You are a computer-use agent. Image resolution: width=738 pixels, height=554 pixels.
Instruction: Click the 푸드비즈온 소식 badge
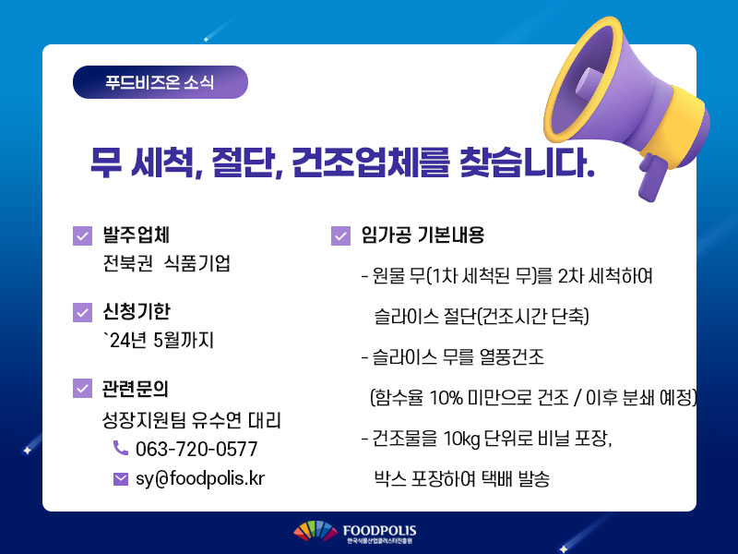coord(160,82)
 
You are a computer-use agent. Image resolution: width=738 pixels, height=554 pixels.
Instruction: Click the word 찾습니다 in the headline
coord(527,163)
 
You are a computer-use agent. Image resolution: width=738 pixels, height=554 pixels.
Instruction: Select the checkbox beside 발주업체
coord(82,235)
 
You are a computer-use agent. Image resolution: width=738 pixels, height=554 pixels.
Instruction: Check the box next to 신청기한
coord(82,312)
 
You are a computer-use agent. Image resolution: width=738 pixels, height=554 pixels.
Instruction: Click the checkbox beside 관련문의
coord(82,388)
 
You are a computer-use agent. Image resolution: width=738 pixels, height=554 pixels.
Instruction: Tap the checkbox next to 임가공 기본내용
coord(340,235)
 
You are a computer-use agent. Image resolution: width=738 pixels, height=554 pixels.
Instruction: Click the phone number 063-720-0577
coord(196,449)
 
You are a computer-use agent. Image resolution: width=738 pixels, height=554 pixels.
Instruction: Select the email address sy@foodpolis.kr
coord(200,478)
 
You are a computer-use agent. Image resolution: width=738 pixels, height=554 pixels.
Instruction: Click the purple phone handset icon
coord(121,448)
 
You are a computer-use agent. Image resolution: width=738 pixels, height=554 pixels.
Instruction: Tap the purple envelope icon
coord(121,479)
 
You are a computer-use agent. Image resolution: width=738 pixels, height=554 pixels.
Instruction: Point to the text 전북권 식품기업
coord(167,263)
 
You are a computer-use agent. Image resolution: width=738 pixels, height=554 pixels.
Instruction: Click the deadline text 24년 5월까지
coord(159,340)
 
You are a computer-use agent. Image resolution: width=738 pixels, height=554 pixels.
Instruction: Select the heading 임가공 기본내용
coord(423,235)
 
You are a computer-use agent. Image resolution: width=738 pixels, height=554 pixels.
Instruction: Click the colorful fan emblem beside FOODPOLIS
coord(315,531)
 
